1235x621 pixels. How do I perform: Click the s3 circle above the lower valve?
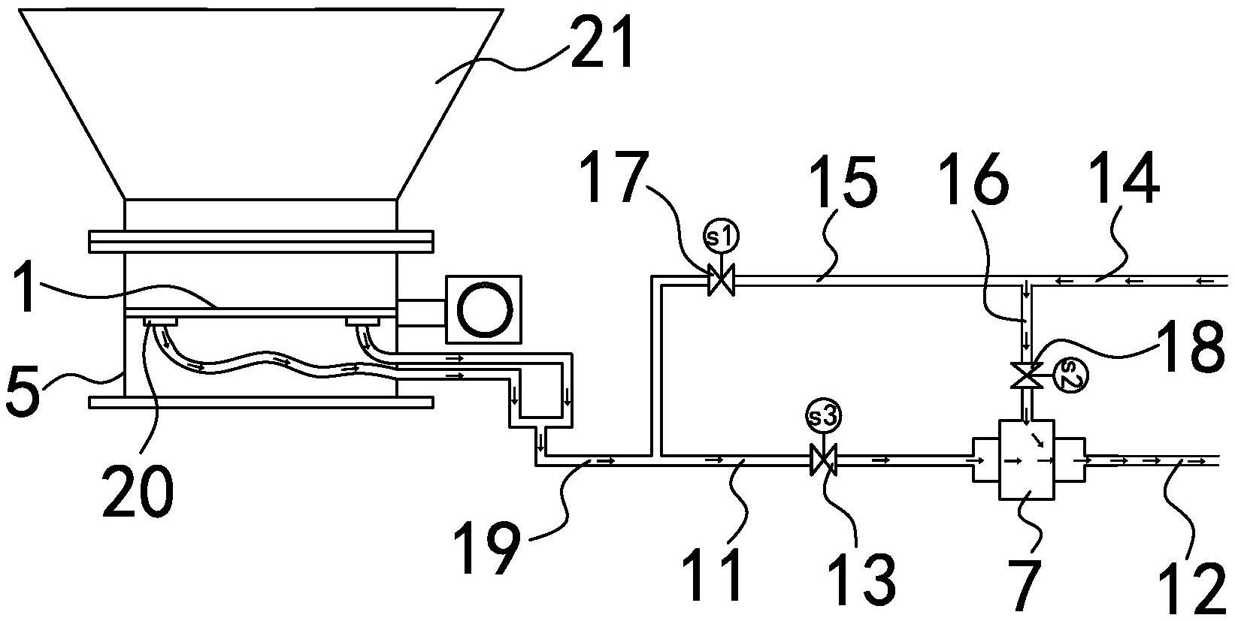click(x=823, y=418)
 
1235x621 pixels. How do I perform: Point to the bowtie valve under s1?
click(x=721, y=281)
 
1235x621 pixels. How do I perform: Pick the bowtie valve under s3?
click(x=823, y=460)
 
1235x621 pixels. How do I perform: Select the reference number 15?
click(x=843, y=182)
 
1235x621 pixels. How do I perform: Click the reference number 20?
click(x=138, y=490)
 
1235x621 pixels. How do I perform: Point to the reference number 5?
click(x=23, y=393)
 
